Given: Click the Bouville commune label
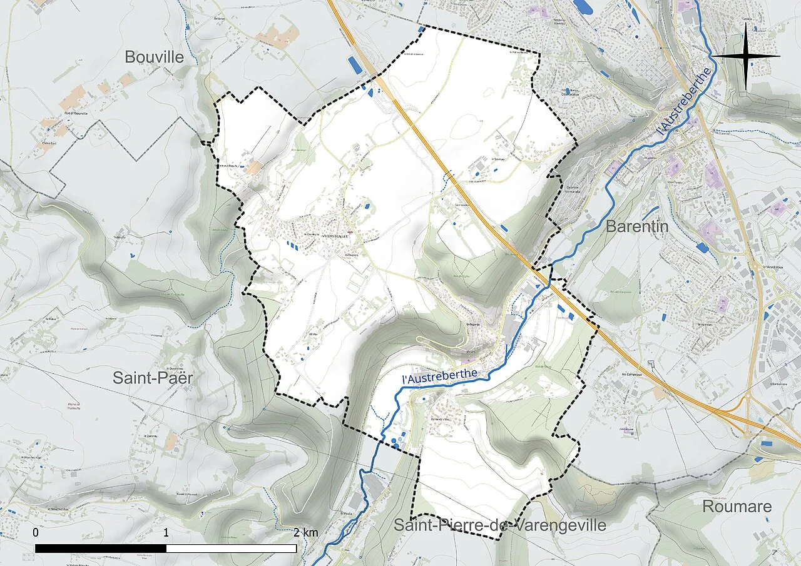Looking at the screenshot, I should click(155, 57).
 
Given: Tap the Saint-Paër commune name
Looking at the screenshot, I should click(153, 378).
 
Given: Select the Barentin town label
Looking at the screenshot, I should click(637, 226).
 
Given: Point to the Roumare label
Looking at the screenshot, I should click(737, 507).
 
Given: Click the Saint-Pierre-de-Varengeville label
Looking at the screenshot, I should click(499, 525).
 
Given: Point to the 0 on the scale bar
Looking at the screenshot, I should click(36, 533).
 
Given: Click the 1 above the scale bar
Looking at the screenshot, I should click(166, 533).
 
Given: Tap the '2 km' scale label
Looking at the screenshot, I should click(305, 533).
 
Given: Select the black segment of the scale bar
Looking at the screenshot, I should click(101, 548).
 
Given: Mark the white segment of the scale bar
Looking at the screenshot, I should click(231, 548).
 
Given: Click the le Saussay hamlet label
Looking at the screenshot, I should click(498, 159).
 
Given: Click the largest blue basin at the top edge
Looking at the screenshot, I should click(582, 7).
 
